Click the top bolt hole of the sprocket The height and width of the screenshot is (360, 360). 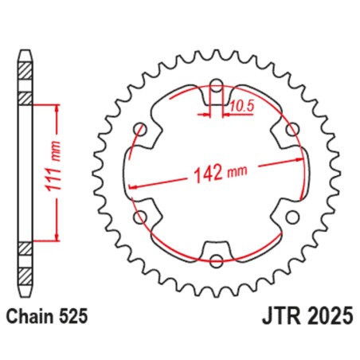tap(217, 84)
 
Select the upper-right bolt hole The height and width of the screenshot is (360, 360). tap(292, 128)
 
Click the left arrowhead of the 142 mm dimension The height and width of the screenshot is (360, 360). tap(133, 187)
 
